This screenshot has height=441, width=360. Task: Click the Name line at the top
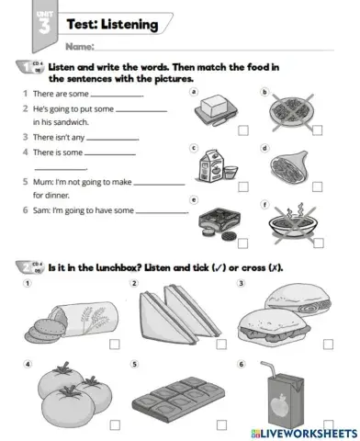211,45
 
